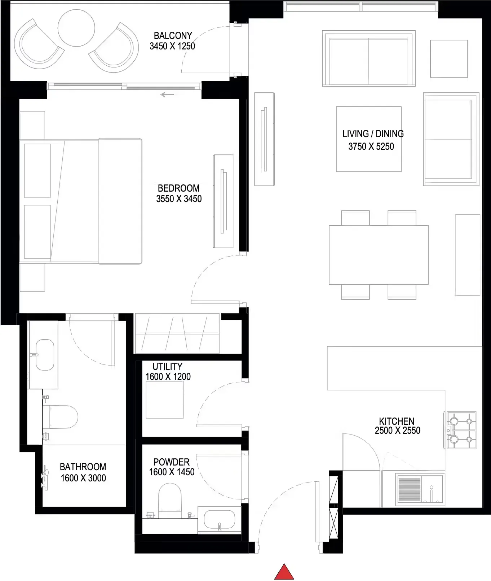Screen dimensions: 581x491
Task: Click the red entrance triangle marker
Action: point(284,572)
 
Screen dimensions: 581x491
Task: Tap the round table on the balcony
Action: point(76,28)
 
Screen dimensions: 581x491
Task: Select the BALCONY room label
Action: point(173,35)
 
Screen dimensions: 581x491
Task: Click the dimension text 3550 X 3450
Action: point(179,199)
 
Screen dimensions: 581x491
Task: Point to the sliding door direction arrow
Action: point(167,95)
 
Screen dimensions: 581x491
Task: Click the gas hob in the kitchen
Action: point(461,430)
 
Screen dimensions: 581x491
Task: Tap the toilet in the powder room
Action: point(170,500)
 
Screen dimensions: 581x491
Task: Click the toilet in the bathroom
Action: point(61,417)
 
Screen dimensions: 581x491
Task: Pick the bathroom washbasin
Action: point(45,355)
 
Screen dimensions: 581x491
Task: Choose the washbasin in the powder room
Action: point(219,520)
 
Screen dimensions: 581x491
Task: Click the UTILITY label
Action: point(167,366)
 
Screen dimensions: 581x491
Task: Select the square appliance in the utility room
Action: point(164,399)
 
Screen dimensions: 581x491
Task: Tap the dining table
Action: point(379,255)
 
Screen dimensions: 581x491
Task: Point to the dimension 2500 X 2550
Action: point(397,431)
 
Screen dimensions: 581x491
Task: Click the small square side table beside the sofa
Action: point(449,58)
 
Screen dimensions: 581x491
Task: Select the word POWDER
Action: point(171,462)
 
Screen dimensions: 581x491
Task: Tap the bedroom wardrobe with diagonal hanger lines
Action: point(177,333)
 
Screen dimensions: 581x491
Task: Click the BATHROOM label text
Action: point(83,467)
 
